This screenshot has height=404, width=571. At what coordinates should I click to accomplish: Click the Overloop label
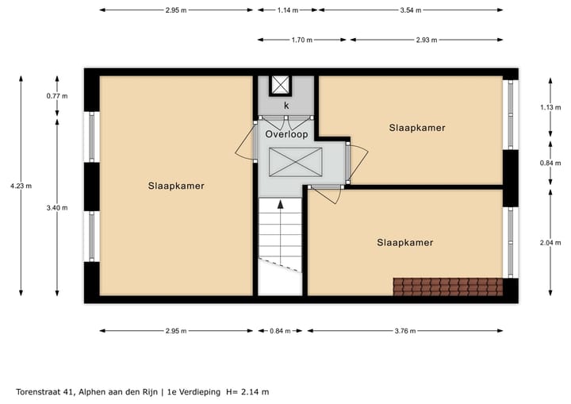[x=286, y=134]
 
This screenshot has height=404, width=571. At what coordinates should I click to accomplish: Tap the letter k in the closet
[x=286, y=105]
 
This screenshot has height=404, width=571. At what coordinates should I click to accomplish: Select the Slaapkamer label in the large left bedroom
[x=176, y=186]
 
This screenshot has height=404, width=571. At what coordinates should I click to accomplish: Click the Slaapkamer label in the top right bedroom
[x=416, y=127]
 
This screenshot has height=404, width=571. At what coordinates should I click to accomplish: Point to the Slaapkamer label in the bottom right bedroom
[x=405, y=242]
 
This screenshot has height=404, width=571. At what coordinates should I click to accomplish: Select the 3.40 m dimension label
[x=58, y=208]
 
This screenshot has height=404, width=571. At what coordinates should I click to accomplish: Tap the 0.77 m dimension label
[x=58, y=95]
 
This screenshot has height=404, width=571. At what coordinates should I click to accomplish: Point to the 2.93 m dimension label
[x=425, y=38]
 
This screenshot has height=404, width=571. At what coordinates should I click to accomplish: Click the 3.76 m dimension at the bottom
[x=404, y=331]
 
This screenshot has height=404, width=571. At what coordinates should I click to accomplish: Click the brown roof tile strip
[x=447, y=286]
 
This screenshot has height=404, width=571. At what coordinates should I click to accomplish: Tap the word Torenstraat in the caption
[x=40, y=391]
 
